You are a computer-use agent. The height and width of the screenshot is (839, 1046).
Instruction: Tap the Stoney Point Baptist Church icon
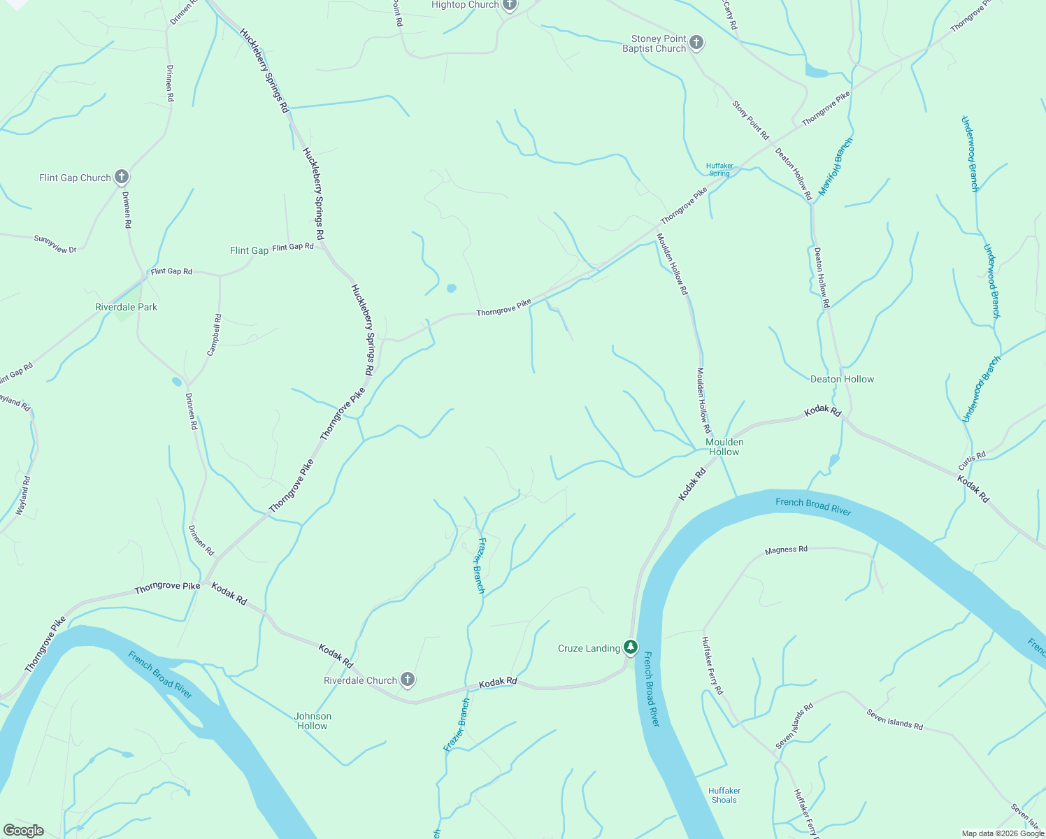pyautogui.click(x=696, y=43)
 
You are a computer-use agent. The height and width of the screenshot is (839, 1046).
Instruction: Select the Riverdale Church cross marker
pyautogui.click(x=407, y=680)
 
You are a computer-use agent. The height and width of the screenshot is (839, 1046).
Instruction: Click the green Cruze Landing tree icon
pyautogui.click(x=631, y=647)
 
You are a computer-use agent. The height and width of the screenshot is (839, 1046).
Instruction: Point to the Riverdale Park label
pyautogui.click(x=126, y=307)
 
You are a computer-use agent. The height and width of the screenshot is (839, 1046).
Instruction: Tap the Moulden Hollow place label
pyautogui.click(x=724, y=447)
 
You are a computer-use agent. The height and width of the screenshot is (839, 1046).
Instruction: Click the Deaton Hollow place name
pyautogui.click(x=842, y=379)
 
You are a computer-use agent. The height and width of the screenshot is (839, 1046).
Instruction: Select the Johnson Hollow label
pyautogui.click(x=313, y=721)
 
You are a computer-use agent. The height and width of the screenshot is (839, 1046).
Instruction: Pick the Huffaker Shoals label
pyautogui.click(x=724, y=795)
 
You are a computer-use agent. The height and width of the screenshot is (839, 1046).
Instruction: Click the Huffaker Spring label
pyautogui.click(x=719, y=169)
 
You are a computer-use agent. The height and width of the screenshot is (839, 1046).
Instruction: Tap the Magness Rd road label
pyautogui.click(x=786, y=550)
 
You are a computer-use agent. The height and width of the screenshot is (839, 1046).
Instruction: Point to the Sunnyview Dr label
pyautogui.click(x=55, y=244)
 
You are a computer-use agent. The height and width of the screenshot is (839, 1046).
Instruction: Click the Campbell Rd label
pyautogui.click(x=215, y=335)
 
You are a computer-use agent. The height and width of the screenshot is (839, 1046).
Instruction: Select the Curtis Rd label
pyautogui.click(x=972, y=461)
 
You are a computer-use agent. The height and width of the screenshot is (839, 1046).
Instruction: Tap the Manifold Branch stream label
pyautogui.click(x=836, y=166)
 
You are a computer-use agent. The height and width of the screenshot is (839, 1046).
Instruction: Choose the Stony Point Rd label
pyautogui.click(x=750, y=120)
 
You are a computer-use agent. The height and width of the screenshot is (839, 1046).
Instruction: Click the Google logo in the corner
pyautogui.click(x=23, y=831)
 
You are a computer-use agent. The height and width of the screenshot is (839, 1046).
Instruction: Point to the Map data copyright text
pyautogui.click(x=1003, y=833)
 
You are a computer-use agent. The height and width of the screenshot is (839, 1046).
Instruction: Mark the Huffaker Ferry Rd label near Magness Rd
pyautogui.click(x=712, y=665)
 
